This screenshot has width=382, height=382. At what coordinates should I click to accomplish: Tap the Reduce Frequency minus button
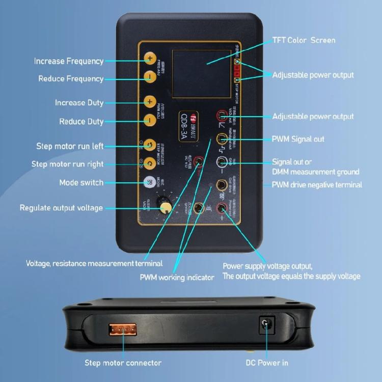149,77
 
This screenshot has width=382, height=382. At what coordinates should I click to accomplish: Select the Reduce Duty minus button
149,120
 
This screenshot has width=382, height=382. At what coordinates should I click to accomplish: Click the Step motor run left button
149,145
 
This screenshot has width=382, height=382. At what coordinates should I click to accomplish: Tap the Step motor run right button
149,162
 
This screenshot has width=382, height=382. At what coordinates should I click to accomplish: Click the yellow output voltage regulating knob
166,207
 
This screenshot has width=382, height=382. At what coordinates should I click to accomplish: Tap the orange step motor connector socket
123,329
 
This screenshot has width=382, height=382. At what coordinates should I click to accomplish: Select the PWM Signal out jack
222,139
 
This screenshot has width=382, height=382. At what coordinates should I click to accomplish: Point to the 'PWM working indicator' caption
177,278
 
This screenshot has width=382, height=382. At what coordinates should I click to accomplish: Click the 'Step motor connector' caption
123,363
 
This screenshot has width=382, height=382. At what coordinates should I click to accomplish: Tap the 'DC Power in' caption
266,363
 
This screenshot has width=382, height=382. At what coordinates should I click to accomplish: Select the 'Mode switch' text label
81,182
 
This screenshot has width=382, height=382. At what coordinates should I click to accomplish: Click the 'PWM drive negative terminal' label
317,184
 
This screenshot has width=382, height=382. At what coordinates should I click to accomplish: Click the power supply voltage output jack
222,207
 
